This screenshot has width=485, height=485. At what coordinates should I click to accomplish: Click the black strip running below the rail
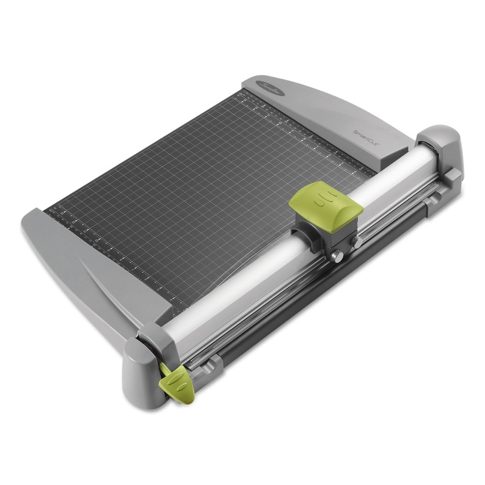pos(303,303)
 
